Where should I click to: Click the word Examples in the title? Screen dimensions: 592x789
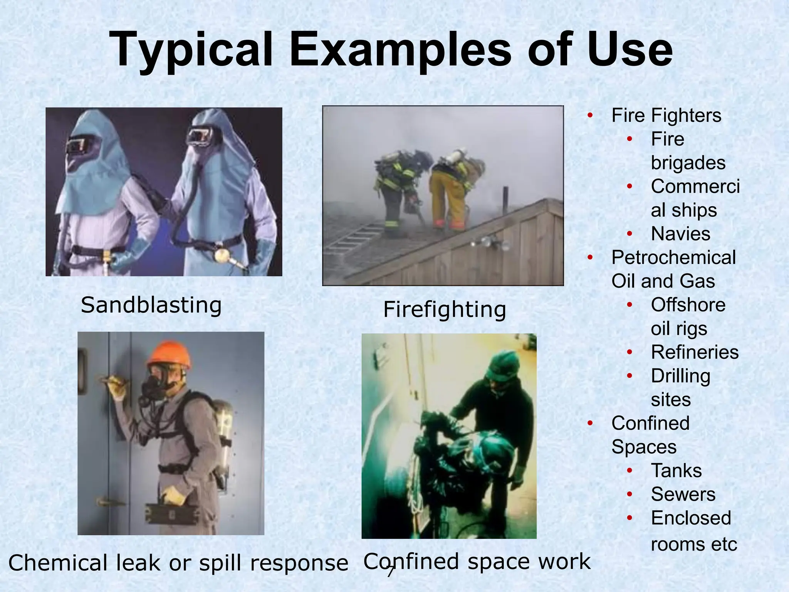[401, 50]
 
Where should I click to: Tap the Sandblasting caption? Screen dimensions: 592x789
[151, 305]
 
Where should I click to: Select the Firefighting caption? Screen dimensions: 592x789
[445, 309]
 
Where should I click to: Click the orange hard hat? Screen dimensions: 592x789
[169, 353]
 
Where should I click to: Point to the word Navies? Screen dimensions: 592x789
[680, 234]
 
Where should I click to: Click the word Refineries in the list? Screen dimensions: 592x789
[695, 352]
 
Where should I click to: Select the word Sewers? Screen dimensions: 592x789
[683, 494]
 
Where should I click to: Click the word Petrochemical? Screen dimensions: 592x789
[673, 257]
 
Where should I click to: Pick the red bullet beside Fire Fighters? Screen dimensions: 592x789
[590, 115]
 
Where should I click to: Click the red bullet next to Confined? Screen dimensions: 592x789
[590, 423]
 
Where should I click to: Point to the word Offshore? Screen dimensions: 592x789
[688, 305]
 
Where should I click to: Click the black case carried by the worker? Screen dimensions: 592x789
[170, 513]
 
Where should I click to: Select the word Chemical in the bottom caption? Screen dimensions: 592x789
[58, 563]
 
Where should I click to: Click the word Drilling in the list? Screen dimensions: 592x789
[680, 376]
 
